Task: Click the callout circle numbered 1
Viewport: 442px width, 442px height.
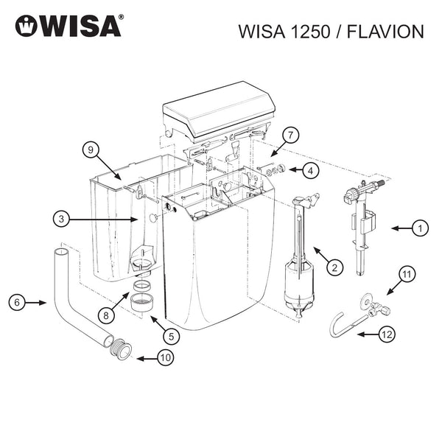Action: tap(419, 229)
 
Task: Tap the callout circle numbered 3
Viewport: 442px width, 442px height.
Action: tap(63, 219)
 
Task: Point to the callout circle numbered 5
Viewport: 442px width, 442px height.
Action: tap(172, 336)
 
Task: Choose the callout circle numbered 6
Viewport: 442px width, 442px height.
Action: tap(18, 302)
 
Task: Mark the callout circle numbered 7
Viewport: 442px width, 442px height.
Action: tap(291, 136)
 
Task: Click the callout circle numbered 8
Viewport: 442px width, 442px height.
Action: tap(107, 315)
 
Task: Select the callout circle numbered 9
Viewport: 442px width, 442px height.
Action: tap(90, 150)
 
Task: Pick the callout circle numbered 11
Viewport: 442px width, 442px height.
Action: tap(407, 274)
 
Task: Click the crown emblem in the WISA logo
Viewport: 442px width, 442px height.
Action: tap(28, 27)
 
